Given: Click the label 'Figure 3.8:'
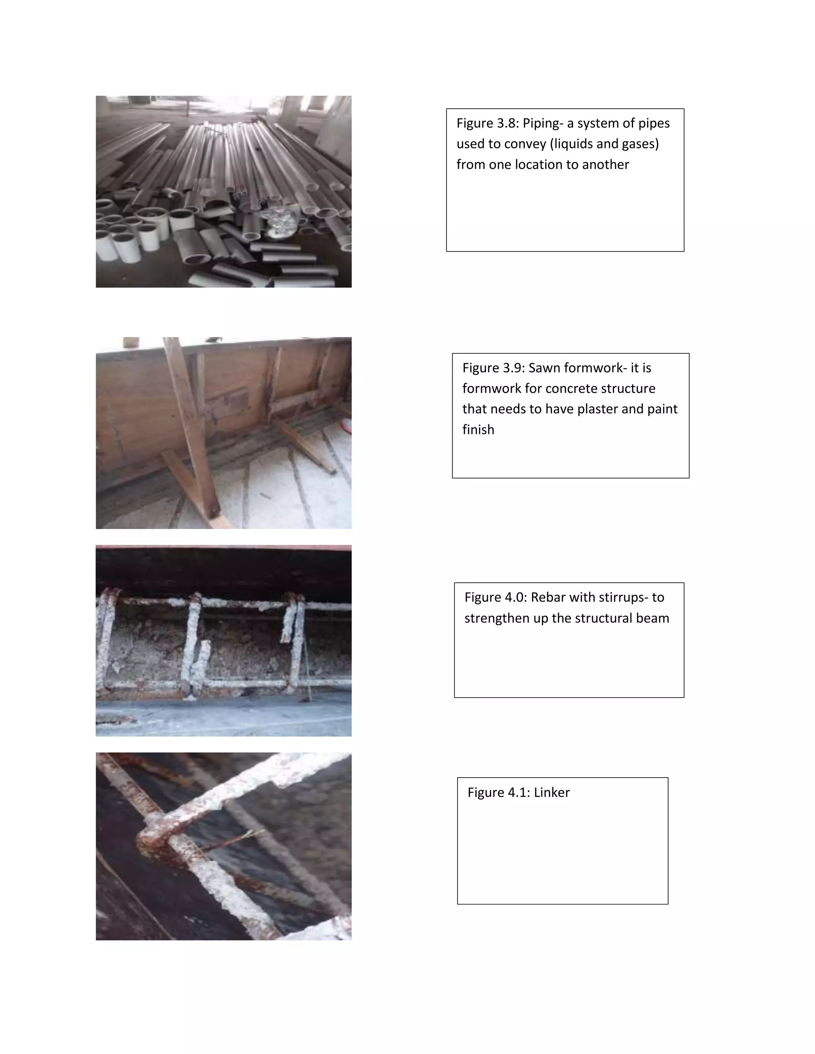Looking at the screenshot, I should tap(487, 124).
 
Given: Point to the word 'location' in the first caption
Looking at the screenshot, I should tap(544, 165).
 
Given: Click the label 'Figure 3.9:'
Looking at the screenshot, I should tap(493, 368).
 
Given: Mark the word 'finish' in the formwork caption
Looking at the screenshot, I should tap(478, 430).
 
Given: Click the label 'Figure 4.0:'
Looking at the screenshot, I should tap(495, 597).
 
